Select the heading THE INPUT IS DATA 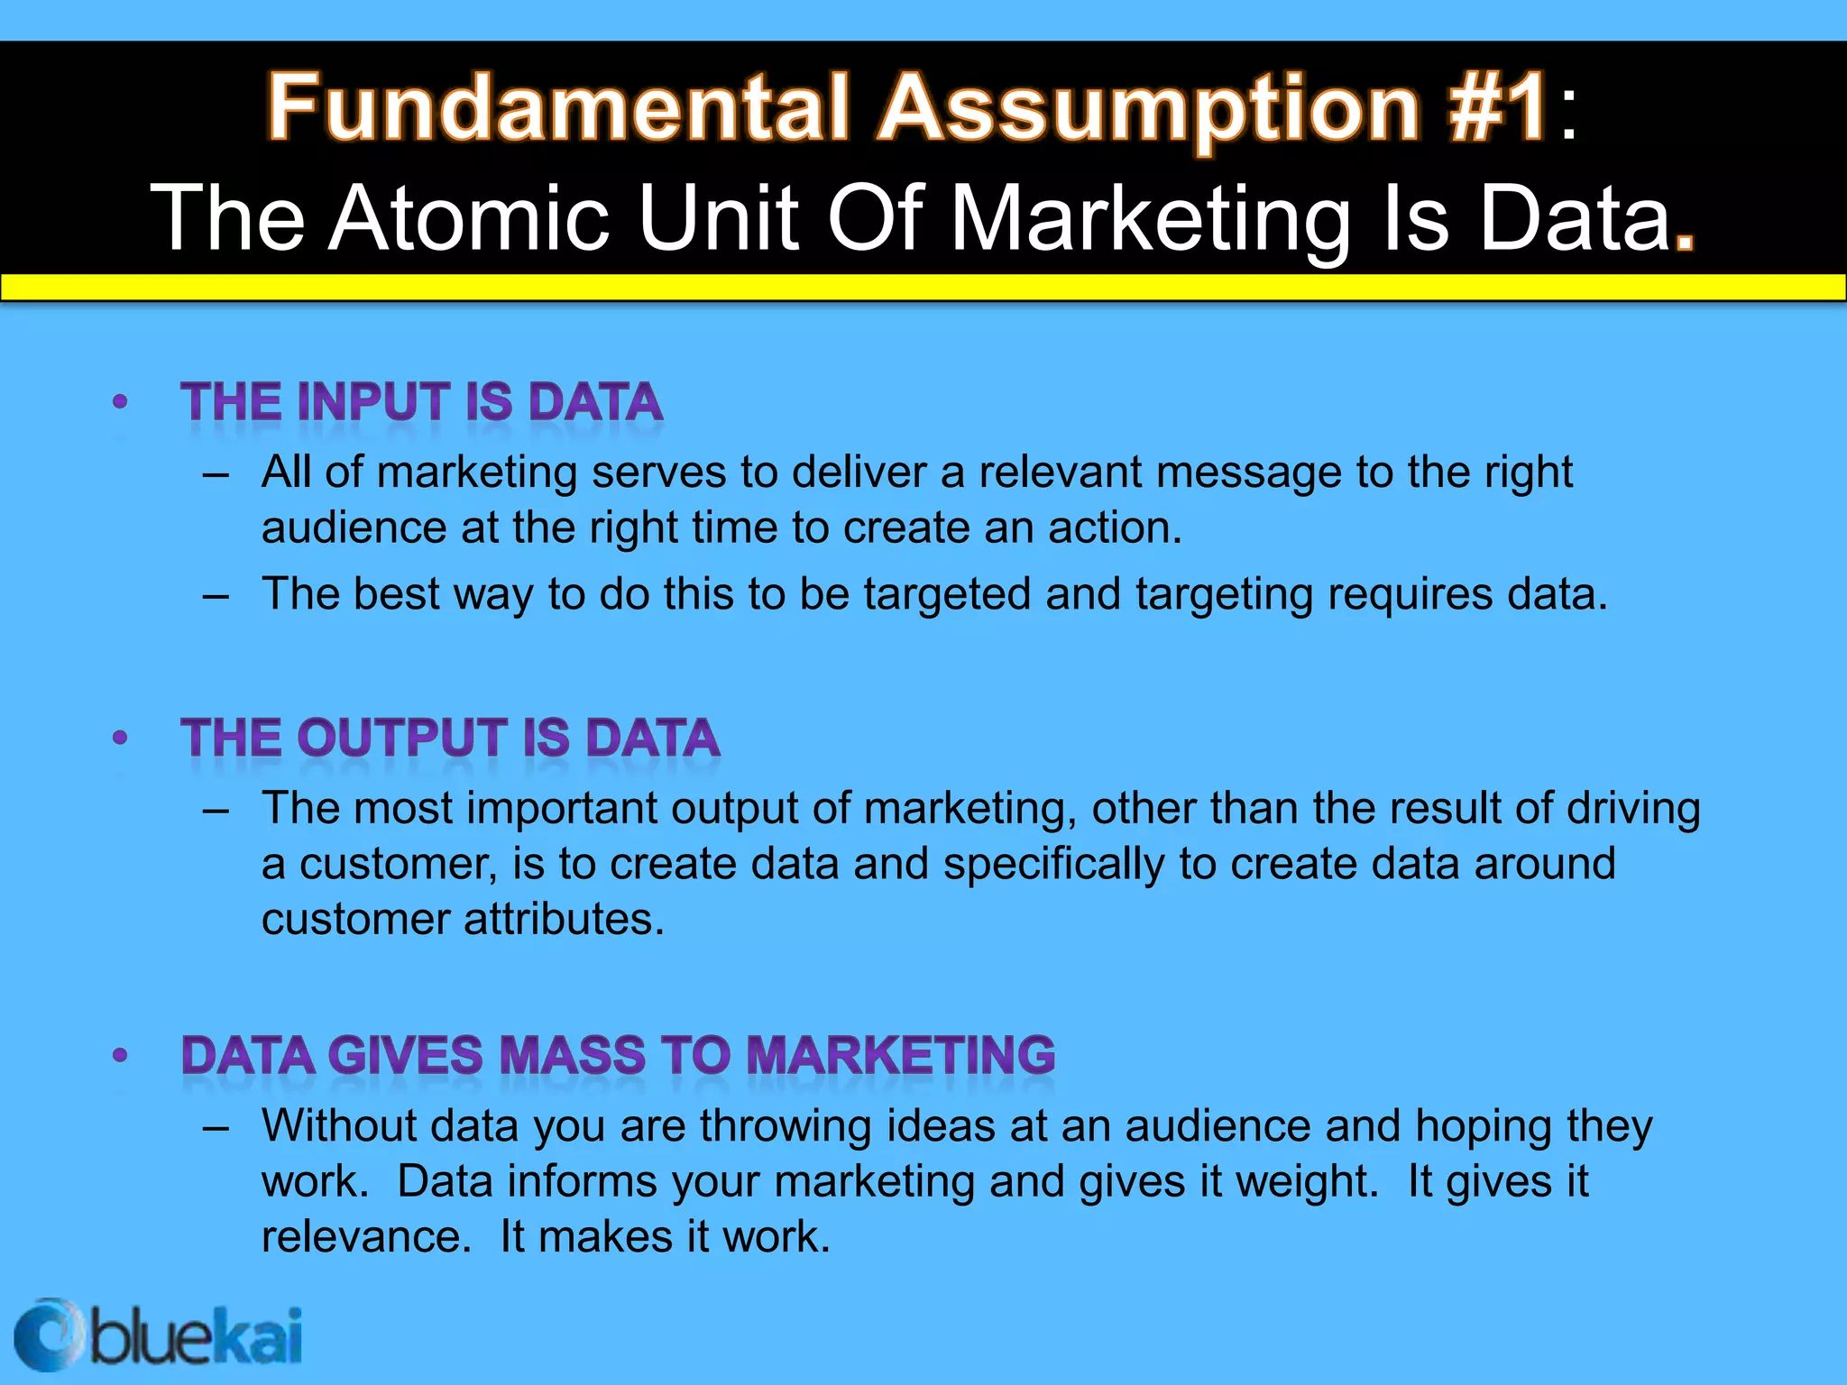coord(421,402)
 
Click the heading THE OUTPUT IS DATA coord(450,738)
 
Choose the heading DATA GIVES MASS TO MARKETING coord(618,1056)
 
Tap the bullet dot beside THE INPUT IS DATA coord(120,402)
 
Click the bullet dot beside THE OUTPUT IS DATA coord(120,738)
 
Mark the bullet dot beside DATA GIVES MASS coord(120,1056)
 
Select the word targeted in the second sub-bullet coord(947,595)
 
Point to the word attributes coord(564,920)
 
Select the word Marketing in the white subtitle coord(1150,218)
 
